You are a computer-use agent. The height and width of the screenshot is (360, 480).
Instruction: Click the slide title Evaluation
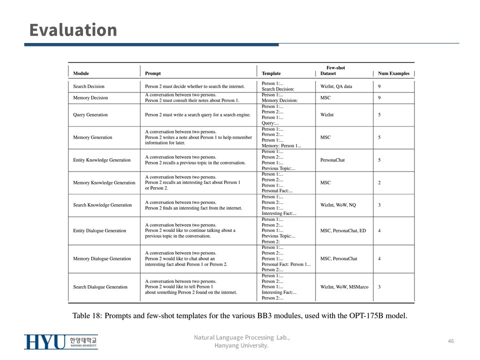[x=73, y=30]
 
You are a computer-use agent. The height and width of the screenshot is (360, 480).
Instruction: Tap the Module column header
[x=81, y=73]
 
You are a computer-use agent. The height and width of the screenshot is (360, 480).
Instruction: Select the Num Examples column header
[x=393, y=73]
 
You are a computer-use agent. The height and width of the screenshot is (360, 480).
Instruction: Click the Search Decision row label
[x=88, y=86]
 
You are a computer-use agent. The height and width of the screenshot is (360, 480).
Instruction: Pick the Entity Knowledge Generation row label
[x=101, y=160]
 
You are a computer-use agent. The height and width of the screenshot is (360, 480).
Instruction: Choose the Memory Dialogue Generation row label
[x=101, y=258]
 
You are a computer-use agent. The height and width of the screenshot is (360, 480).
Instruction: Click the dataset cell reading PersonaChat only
[x=332, y=160]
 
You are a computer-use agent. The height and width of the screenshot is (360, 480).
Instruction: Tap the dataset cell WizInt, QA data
[x=336, y=86]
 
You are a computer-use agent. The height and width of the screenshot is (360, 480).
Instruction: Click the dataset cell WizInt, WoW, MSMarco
[x=344, y=287]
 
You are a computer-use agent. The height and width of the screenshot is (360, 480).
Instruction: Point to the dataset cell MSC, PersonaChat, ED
[x=343, y=230]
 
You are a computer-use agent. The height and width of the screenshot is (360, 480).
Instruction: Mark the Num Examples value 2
[x=379, y=182]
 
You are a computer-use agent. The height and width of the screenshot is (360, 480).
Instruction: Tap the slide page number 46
[x=451, y=341]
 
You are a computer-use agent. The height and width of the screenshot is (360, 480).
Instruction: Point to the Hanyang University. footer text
[x=241, y=345]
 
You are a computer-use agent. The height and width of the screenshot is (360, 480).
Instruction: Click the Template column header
[x=271, y=73]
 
